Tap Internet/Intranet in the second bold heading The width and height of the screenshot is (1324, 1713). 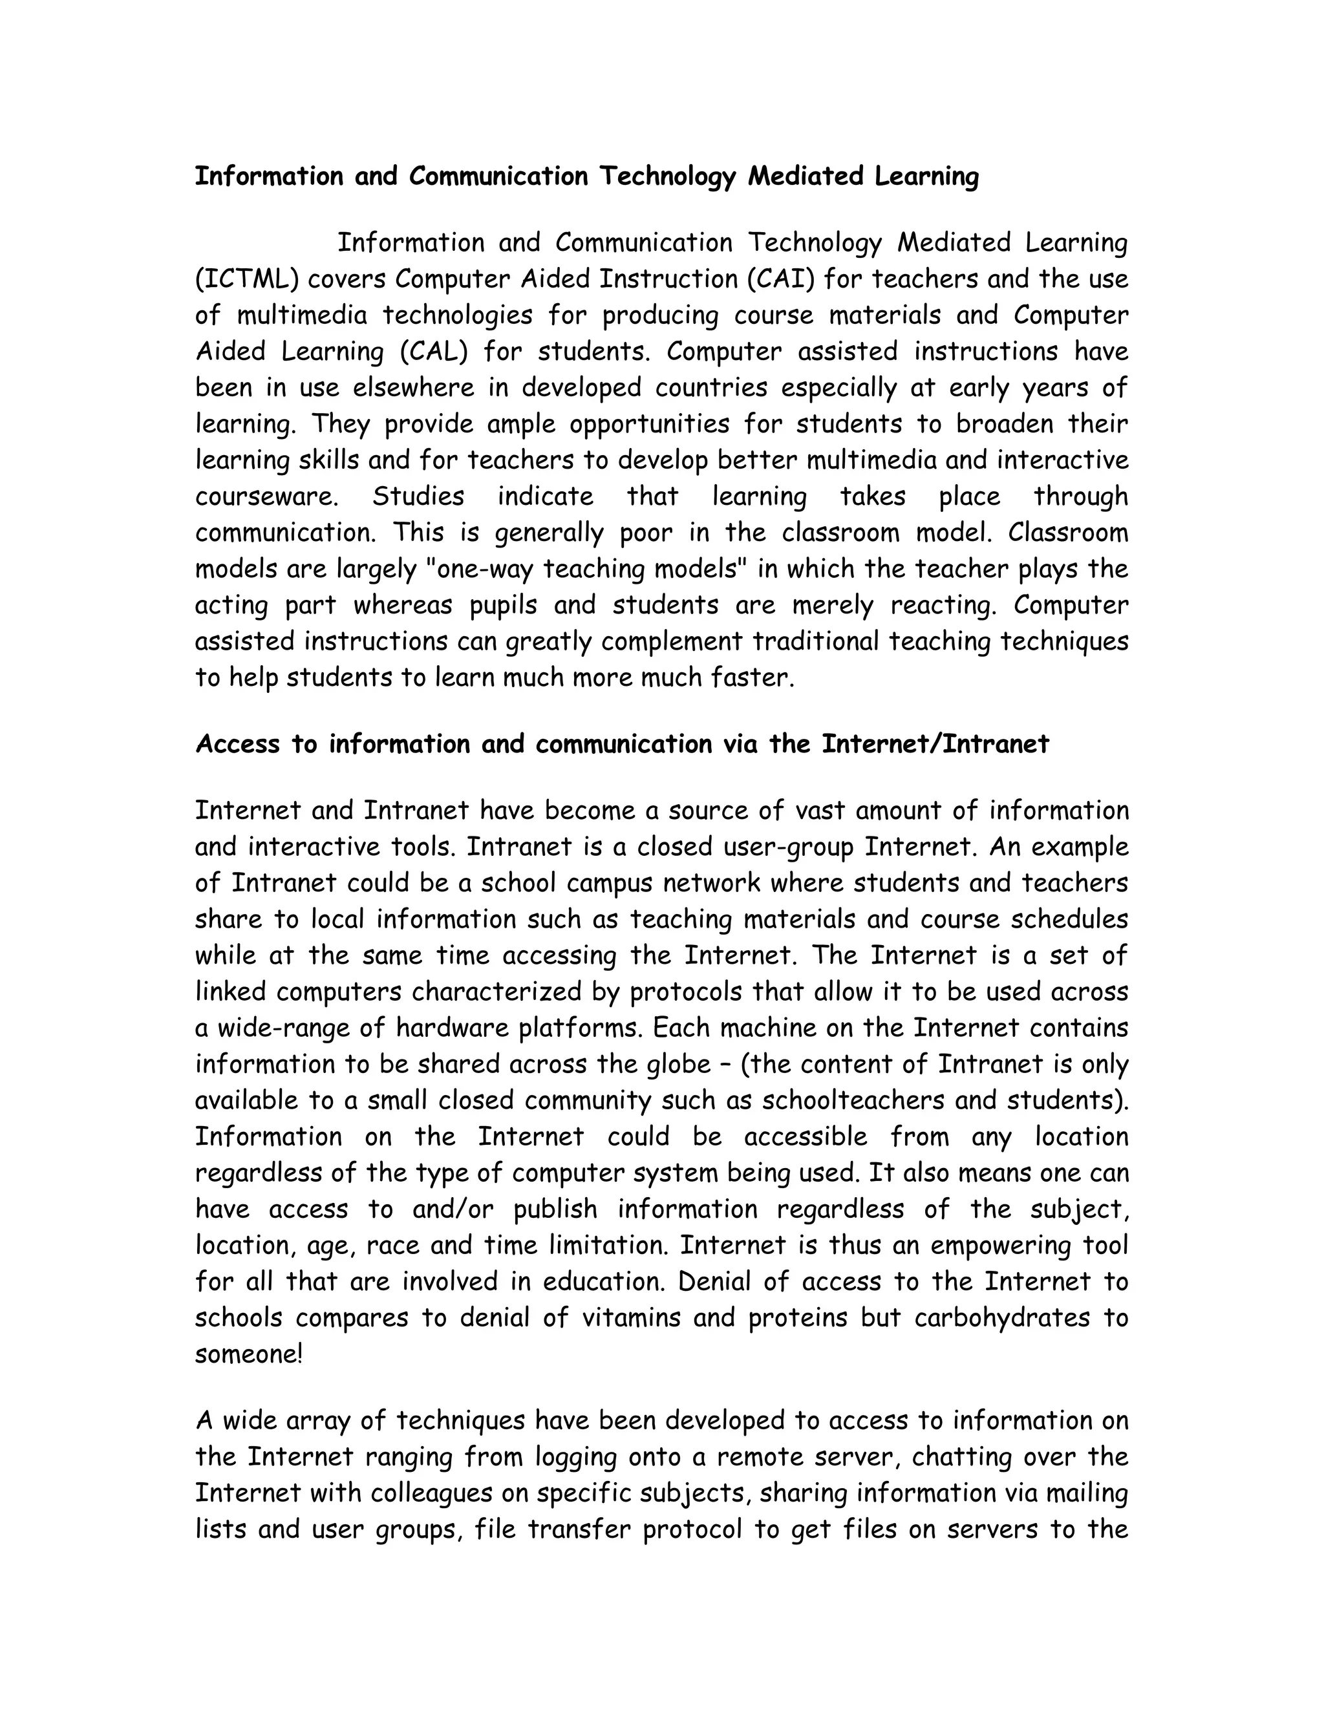tap(935, 743)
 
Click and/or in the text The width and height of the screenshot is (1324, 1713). tap(453, 1209)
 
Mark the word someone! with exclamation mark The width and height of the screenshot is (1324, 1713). tap(248, 1354)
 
